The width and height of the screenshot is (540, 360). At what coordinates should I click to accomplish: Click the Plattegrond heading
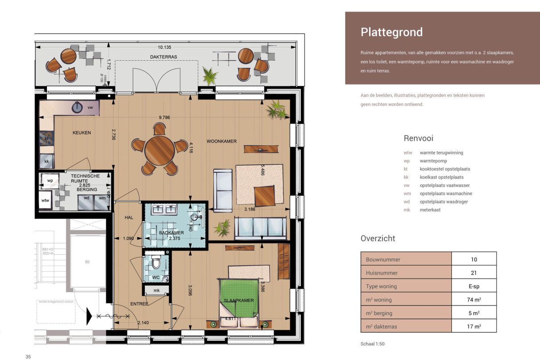tap(391, 32)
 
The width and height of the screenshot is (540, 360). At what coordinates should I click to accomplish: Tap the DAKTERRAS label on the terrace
tap(163, 57)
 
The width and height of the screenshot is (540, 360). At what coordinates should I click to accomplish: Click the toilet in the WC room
tap(155, 264)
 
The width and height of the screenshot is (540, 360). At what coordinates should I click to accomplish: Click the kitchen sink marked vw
tap(78, 107)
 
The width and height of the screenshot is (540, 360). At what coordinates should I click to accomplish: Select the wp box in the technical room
tap(50, 181)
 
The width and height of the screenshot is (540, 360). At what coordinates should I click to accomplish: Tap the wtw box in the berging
tap(46, 201)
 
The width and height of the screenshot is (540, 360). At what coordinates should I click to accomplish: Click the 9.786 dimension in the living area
tap(165, 117)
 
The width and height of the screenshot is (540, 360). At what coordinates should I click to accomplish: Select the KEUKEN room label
tap(81, 132)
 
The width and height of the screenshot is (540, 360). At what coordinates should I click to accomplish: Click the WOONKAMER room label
tap(221, 141)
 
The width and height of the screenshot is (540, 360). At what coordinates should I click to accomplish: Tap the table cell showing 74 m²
tap(474, 299)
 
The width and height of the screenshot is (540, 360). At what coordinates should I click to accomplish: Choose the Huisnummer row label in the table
tap(382, 273)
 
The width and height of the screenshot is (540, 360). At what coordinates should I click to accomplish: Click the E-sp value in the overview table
tap(474, 286)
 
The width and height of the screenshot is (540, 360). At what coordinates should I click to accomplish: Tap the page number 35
tap(28, 356)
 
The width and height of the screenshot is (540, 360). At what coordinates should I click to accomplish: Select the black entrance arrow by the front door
tap(89, 316)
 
